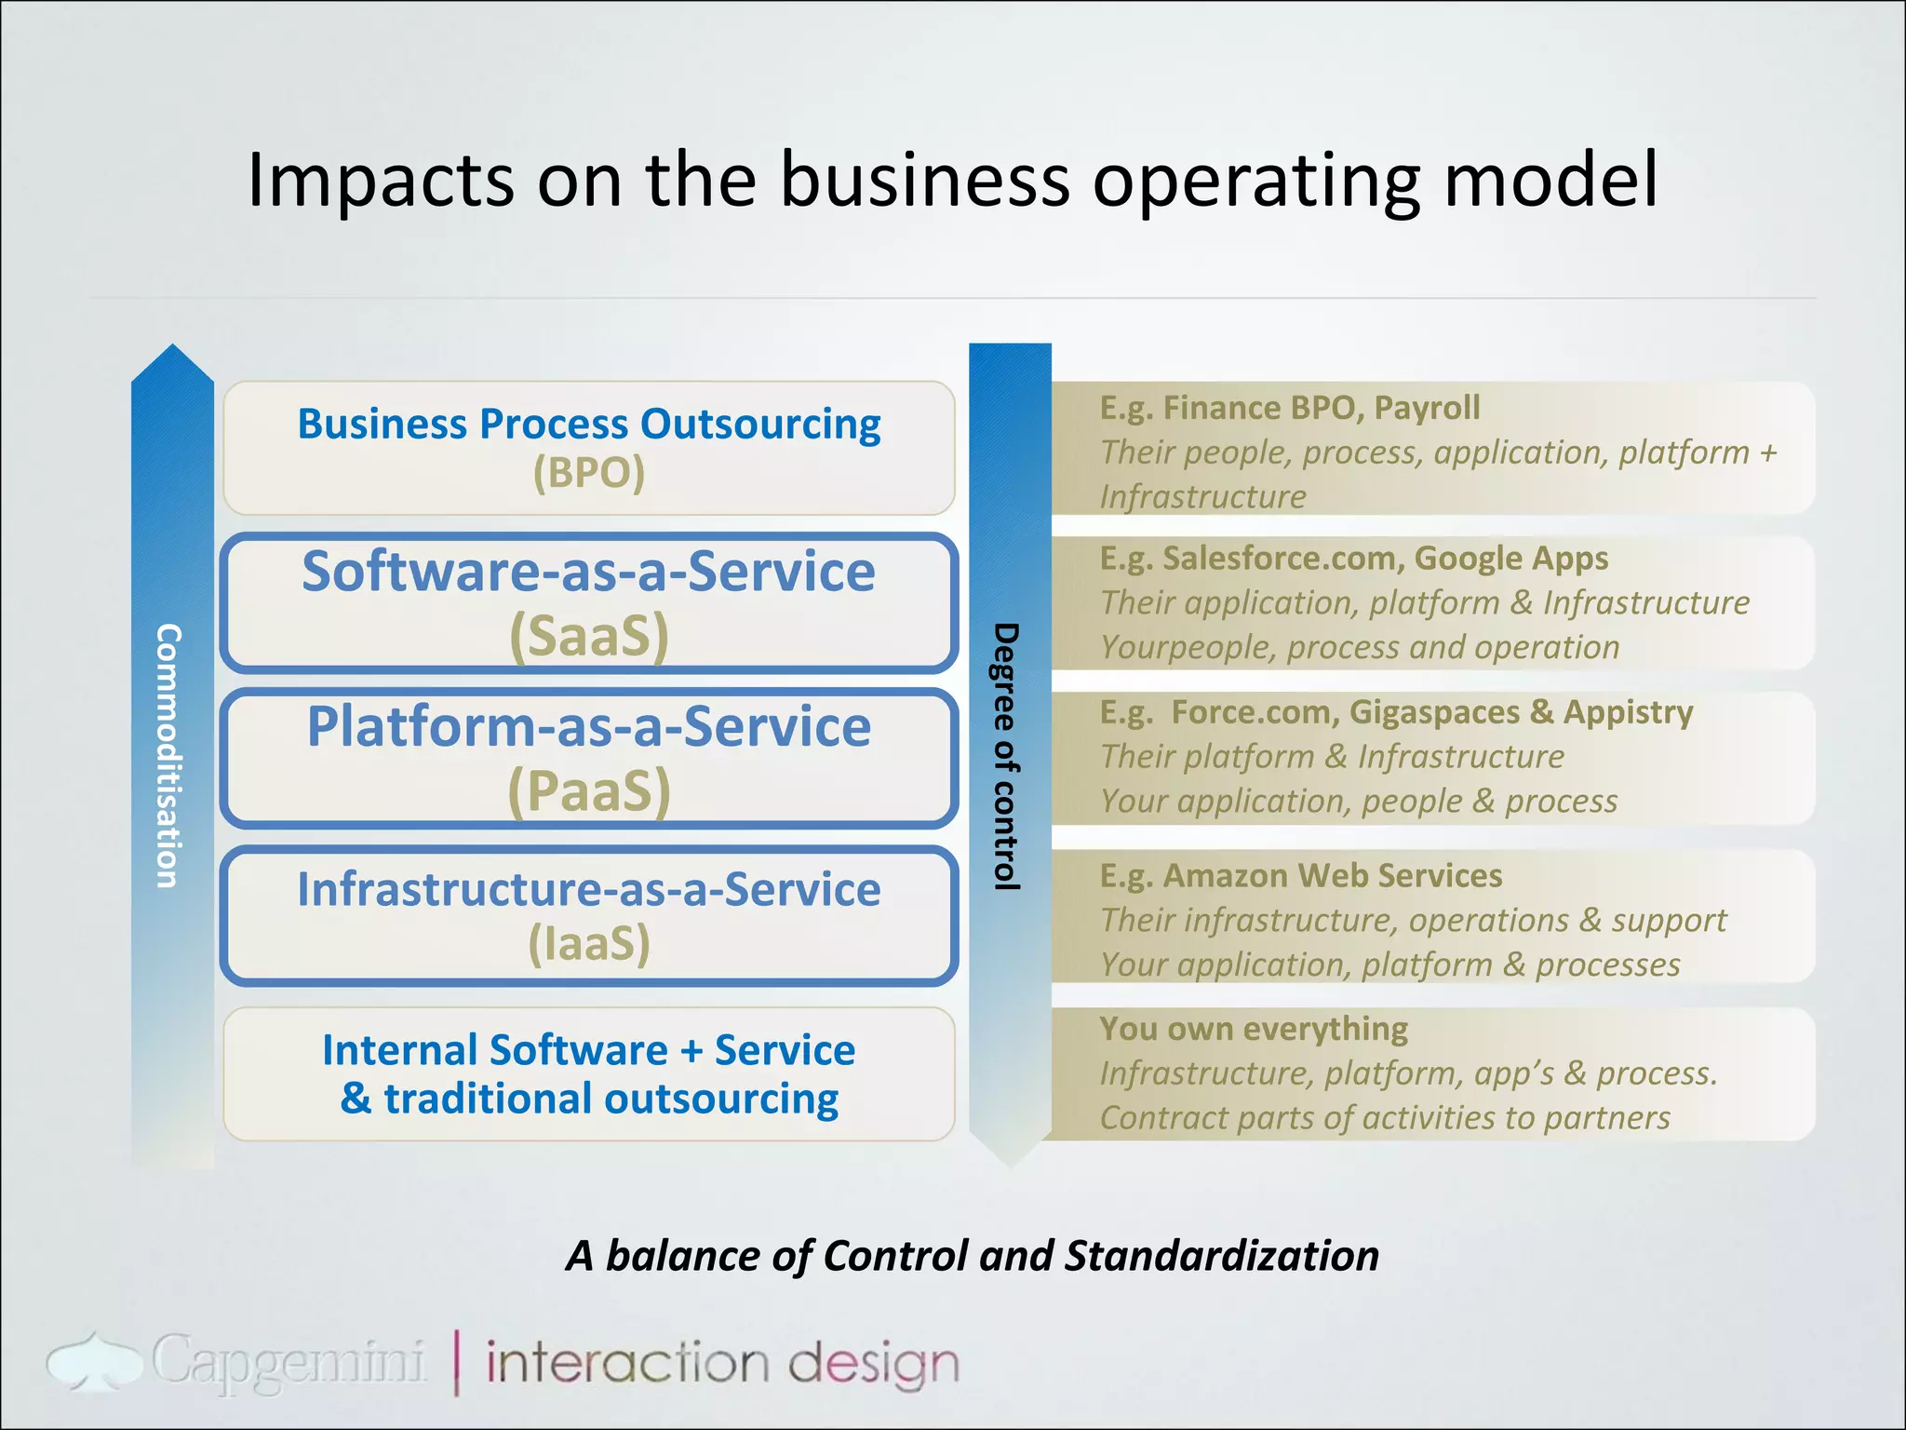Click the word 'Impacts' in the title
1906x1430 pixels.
(380, 180)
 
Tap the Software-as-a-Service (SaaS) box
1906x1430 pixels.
(588, 603)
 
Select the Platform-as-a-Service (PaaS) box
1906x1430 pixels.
(588, 758)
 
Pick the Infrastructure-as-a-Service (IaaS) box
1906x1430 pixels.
(588, 915)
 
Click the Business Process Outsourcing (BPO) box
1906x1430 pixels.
(588, 448)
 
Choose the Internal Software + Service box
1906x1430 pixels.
(588, 1073)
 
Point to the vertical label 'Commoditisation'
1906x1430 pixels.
(168, 756)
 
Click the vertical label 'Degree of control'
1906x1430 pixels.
(1006, 756)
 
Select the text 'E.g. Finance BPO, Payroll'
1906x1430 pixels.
(1289, 408)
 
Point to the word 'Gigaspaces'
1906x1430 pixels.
(1433, 712)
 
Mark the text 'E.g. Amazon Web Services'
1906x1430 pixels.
(1300, 876)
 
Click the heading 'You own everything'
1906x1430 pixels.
(1253, 1029)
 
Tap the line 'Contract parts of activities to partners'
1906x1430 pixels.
(1384, 1118)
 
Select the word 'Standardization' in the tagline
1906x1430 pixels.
(1221, 1256)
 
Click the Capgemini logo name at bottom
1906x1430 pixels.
(289, 1363)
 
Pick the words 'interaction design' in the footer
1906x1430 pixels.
(721, 1364)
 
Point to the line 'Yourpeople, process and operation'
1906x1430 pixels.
(1359, 647)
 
